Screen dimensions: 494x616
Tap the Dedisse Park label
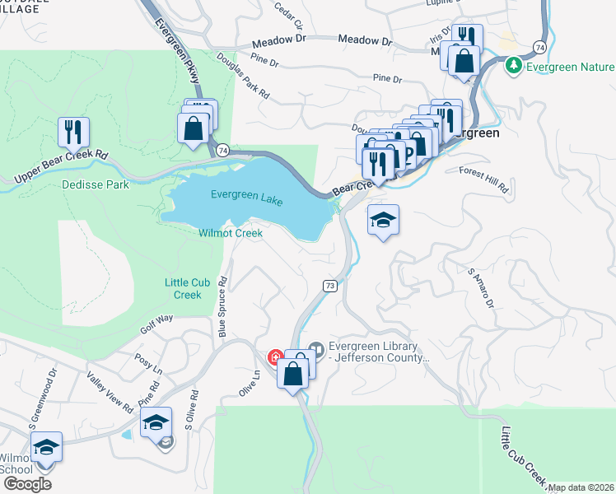[x=96, y=185]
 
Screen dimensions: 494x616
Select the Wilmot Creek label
[x=231, y=233]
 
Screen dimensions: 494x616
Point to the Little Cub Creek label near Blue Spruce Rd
[x=183, y=289]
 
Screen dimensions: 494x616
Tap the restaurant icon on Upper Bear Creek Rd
[x=73, y=132]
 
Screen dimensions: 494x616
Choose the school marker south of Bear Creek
[x=383, y=220]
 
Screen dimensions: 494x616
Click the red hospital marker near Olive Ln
[x=275, y=357]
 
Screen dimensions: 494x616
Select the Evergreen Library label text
[x=374, y=352]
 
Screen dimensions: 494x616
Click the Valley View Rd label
[x=110, y=392]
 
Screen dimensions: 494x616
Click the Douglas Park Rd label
[x=243, y=77]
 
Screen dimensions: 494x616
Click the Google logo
[x=27, y=483]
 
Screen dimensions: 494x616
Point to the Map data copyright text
[x=581, y=487]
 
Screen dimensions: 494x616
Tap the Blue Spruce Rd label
[x=222, y=306]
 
